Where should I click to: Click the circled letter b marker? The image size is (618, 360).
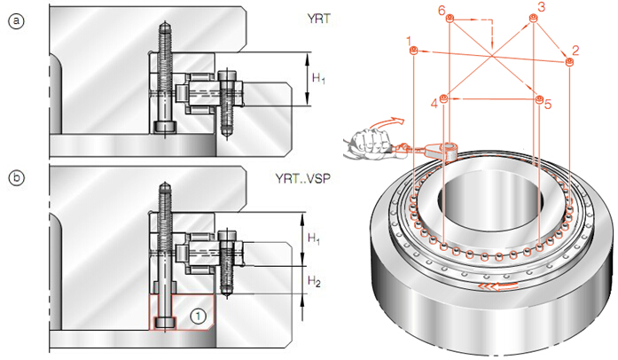[x=14, y=178]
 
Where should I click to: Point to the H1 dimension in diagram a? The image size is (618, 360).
[x=317, y=79]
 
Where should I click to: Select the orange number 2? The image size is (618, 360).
[x=575, y=50]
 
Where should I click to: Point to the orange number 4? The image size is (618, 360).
[x=434, y=105]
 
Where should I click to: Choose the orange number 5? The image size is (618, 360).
[x=548, y=105]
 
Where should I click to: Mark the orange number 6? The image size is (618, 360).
[x=441, y=9]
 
